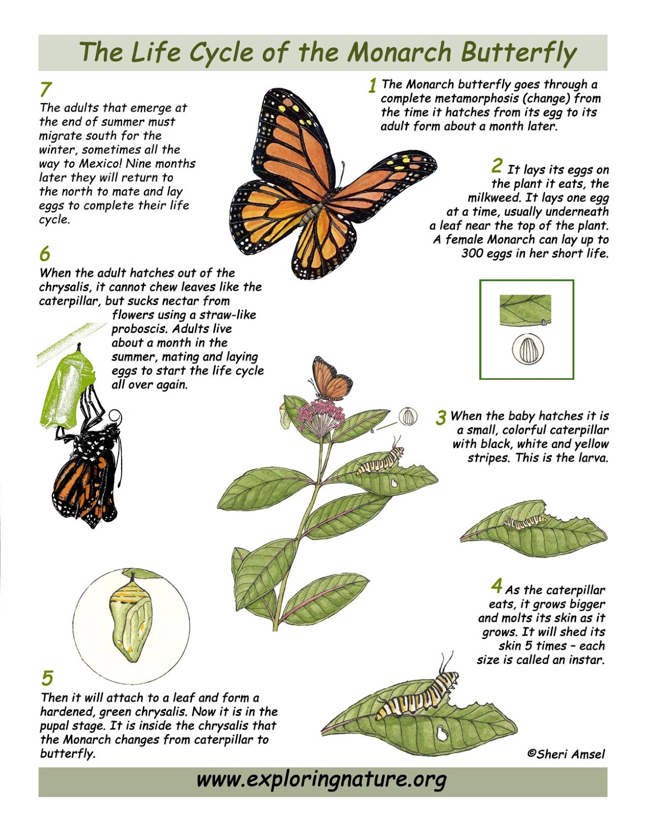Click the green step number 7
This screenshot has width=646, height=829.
pyautogui.click(x=46, y=89)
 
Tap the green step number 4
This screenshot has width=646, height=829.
pyautogui.click(x=496, y=586)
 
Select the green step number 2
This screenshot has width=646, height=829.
pyautogui.click(x=497, y=166)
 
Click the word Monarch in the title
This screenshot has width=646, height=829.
pyautogui.click(x=399, y=52)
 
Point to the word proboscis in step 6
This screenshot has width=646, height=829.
pyautogui.click(x=139, y=329)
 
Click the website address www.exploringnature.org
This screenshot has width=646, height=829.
pyautogui.click(x=321, y=779)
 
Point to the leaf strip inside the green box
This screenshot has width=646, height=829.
pyautogui.click(x=525, y=309)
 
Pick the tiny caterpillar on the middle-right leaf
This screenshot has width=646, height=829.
pyautogui.click(x=524, y=522)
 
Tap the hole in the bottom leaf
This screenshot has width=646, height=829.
pyautogui.click(x=442, y=733)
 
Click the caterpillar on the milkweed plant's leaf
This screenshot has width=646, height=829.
pyautogui.click(x=379, y=461)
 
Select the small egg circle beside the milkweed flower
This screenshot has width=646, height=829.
pyautogui.click(x=408, y=417)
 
